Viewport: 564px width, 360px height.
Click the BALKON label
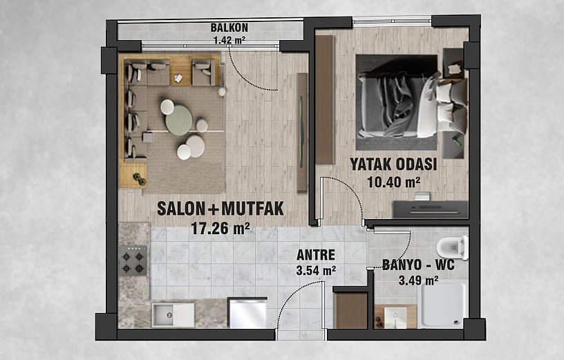coord(229,28)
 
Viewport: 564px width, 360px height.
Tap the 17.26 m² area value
coord(220,228)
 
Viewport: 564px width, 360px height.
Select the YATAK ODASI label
coord(393,164)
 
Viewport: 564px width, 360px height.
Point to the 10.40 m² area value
coord(393,182)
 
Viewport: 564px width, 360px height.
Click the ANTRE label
coord(316,255)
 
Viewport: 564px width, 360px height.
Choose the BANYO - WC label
coord(418,265)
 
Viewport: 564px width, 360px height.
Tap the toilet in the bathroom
coord(453,247)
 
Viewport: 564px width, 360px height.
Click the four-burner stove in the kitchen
coord(133,260)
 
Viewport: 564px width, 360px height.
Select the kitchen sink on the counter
coord(173,314)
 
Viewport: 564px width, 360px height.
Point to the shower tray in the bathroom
coord(444,305)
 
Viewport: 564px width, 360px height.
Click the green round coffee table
coord(178,120)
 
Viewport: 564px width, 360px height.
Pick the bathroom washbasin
coord(395,317)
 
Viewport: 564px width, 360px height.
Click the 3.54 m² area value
coord(316,270)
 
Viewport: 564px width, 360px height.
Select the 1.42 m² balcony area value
coord(229,39)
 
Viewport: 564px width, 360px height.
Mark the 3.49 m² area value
coord(418,280)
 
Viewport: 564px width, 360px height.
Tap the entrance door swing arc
coord(292,296)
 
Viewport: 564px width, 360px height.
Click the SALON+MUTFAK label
coord(220,209)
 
